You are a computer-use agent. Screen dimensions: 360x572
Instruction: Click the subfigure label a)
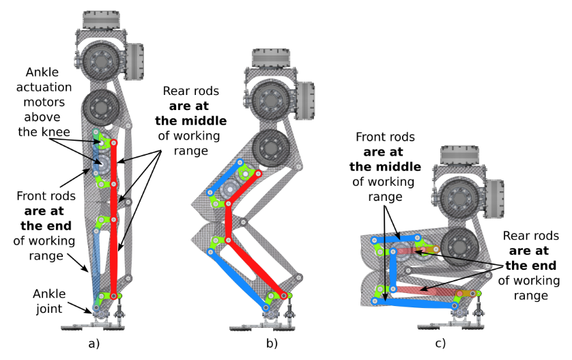(x=94, y=344)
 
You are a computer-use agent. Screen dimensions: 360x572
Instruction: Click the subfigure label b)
(x=272, y=344)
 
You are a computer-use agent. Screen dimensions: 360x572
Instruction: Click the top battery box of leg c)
(x=465, y=155)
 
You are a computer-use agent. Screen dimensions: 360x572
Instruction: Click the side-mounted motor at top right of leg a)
(x=135, y=61)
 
